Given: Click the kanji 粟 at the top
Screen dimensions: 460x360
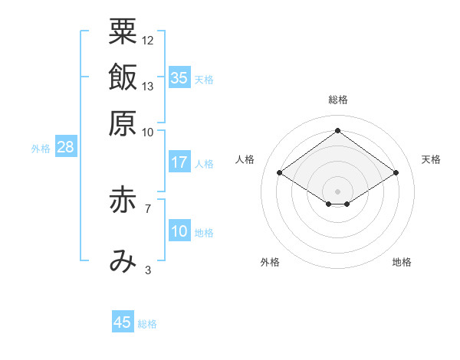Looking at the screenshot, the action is point(123,31).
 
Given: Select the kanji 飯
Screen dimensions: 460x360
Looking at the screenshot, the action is point(123,77).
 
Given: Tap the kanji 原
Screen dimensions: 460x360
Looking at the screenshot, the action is point(123,123).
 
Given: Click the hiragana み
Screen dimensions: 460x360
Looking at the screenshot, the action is point(123,261).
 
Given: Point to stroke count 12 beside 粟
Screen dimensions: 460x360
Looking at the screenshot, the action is point(147,41).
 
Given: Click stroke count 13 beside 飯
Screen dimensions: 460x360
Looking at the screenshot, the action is point(147,87).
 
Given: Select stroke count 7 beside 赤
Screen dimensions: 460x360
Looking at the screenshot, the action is point(148,209).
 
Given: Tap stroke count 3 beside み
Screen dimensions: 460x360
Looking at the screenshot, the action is point(148,270).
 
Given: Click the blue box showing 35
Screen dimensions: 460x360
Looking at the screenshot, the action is point(180,77).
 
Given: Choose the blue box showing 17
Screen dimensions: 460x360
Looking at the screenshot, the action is point(180,162).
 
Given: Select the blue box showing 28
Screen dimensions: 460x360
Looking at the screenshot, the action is point(66,146).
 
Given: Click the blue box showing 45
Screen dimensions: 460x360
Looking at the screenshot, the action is point(123,321).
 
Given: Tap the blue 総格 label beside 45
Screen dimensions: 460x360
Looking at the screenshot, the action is point(147,324).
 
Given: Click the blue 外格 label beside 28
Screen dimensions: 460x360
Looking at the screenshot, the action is point(41,149).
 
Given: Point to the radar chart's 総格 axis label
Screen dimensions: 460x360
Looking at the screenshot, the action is point(338,100).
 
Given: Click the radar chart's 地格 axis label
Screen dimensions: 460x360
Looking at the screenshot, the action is point(402,262).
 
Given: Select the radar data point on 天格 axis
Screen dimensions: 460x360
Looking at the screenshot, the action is point(396,172).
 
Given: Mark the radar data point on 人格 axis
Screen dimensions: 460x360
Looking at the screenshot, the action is point(280,172).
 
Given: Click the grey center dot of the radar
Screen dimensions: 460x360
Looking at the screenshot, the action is point(337,191).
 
